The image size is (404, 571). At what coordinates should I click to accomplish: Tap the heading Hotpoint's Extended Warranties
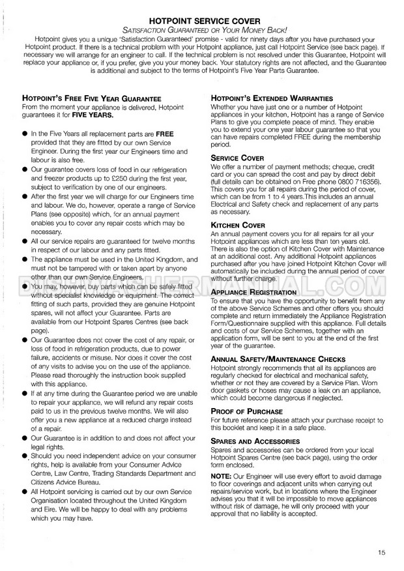click(x=272, y=98)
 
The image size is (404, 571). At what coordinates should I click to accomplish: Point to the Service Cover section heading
click(x=238, y=158)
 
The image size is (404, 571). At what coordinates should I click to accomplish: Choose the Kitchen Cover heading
click(x=238, y=226)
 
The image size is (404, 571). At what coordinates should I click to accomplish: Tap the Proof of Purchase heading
click(x=247, y=412)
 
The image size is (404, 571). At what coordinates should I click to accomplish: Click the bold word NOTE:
click(x=222, y=476)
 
